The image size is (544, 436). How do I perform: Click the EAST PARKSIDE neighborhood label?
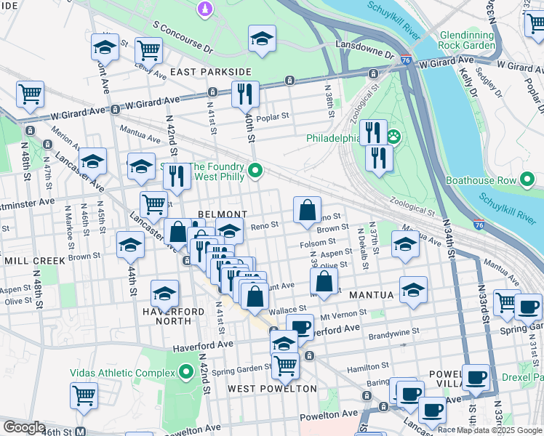coord(210,72)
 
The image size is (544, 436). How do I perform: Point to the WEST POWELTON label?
coord(272,388)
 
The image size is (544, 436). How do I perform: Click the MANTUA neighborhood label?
coord(371,296)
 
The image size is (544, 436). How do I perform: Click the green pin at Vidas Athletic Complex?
coord(186,373)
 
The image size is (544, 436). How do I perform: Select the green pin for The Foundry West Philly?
coord(255,171)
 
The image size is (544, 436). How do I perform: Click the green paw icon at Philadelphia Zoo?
coord(393,137)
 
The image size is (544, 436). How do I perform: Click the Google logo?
coord(23,427)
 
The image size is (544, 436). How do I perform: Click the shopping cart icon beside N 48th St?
coord(30,94)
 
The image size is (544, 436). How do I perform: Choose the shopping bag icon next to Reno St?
coord(308,211)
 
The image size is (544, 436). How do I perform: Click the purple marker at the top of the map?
coord(205,9)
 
